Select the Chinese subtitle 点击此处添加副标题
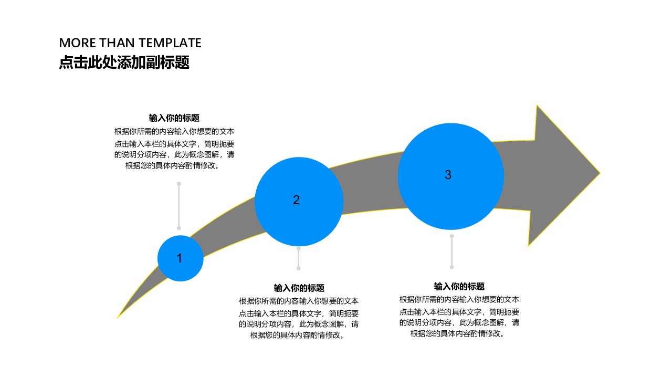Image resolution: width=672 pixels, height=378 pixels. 124,62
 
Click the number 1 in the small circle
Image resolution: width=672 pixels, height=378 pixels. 180,258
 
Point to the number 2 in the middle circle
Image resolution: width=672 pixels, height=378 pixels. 296,200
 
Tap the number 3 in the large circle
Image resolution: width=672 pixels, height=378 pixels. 448,175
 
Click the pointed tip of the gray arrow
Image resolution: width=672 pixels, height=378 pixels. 600,173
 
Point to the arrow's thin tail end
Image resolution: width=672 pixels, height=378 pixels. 118,318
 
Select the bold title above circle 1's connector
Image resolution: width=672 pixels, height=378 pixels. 174,118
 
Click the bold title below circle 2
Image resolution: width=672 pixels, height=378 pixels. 299,288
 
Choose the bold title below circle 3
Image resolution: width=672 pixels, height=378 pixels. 459,287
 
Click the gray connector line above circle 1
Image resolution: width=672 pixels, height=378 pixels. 179,206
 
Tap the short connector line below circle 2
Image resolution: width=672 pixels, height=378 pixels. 299,258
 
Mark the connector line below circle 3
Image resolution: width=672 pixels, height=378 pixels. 452,251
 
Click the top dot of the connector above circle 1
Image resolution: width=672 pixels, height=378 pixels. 179,184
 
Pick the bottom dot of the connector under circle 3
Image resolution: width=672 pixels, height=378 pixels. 452,267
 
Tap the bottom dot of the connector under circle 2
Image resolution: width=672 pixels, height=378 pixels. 299,268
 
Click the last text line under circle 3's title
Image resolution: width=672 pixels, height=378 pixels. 457,333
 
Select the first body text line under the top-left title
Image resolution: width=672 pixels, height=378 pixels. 174,131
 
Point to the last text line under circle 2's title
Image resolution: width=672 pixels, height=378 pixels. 297,335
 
